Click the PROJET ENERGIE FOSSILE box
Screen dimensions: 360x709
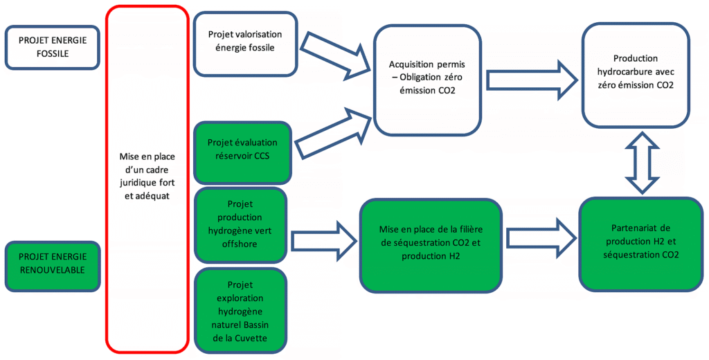coord(52,47)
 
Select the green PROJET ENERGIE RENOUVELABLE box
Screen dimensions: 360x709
coord(52,263)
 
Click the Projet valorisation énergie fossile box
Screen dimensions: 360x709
coord(241,42)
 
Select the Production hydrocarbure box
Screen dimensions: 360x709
coord(635,72)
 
